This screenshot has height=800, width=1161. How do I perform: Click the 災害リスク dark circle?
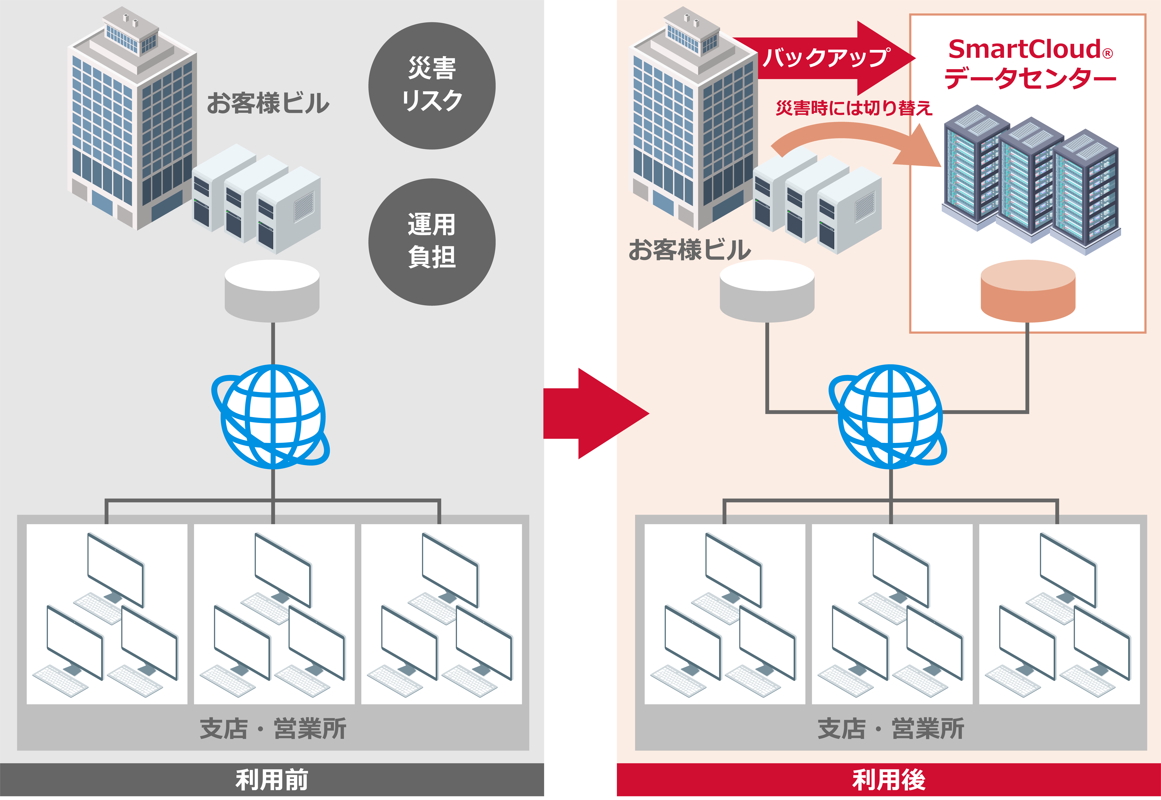432,86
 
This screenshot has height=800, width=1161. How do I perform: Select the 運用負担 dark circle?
432,242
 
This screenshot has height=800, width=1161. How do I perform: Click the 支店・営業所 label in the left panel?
273,728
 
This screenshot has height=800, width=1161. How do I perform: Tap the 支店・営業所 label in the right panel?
891,728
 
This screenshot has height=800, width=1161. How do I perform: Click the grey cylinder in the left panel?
272,291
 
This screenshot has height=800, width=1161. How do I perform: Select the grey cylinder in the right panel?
767,291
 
